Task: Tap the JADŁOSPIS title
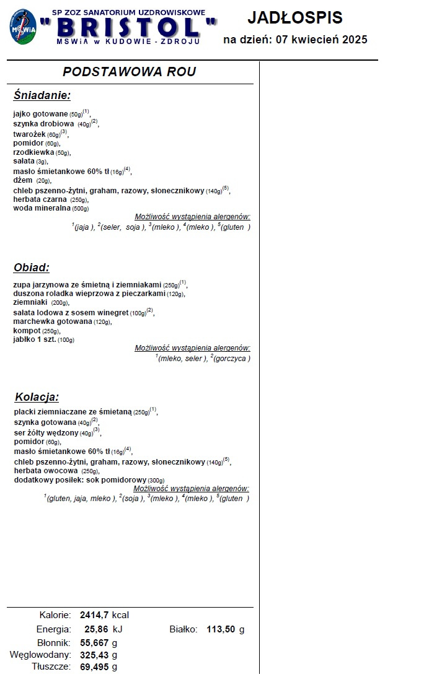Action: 294,18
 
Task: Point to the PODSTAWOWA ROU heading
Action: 129,72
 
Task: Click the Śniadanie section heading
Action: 42,95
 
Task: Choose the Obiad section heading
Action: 31,268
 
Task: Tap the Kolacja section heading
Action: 37,397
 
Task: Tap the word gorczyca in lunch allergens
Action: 231,359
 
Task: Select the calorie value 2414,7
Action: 94,615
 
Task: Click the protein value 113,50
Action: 219,629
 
